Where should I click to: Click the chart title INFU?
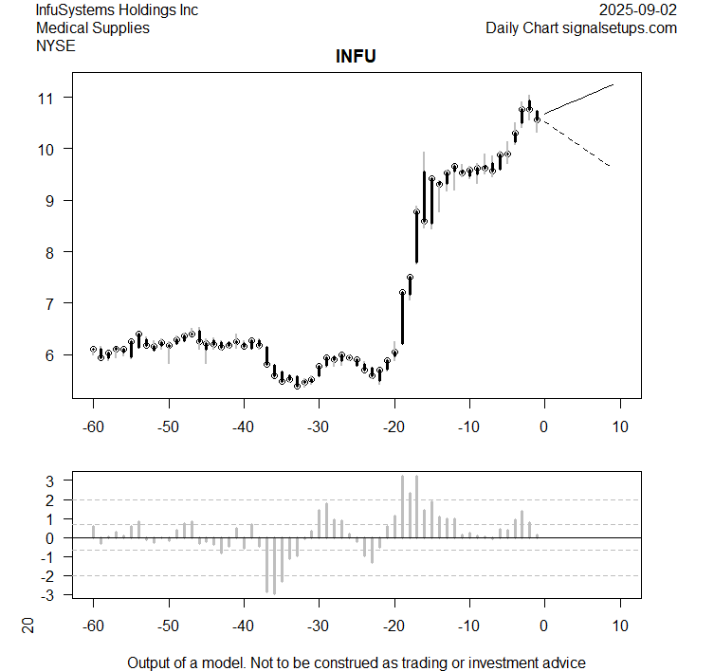click(356, 57)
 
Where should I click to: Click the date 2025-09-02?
click(638, 10)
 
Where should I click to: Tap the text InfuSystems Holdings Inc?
click(117, 10)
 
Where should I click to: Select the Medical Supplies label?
click(92, 27)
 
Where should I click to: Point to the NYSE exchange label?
click(57, 45)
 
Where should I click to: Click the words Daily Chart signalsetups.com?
click(581, 27)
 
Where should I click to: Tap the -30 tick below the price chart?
click(319, 426)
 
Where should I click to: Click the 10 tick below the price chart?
click(619, 426)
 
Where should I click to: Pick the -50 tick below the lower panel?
click(168, 626)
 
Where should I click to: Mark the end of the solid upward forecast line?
click(613, 85)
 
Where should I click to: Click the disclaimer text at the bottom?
click(357, 662)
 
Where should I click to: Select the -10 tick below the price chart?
click(468, 426)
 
